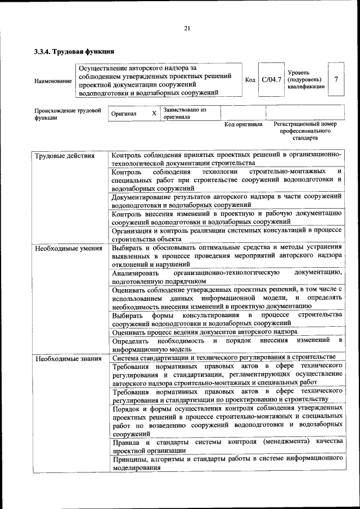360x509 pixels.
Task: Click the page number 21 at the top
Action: click(187, 29)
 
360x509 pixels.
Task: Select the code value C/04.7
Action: click(271, 79)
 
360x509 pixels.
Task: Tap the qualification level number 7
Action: click(336, 79)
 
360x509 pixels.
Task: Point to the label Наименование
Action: click(53, 81)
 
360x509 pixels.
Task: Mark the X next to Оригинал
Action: click(154, 113)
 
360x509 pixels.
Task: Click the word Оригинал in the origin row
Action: click(124, 113)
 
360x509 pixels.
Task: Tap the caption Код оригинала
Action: click(243, 124)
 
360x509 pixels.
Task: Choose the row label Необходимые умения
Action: click(67, 248)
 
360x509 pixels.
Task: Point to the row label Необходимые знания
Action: click(67, 358)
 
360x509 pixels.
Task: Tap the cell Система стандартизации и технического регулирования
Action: click(223, 357)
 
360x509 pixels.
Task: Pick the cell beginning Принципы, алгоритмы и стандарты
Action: click(227, 463)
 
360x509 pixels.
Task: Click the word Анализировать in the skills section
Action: click(136, 272)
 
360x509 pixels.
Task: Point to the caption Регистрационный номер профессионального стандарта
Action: click(305, 130)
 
